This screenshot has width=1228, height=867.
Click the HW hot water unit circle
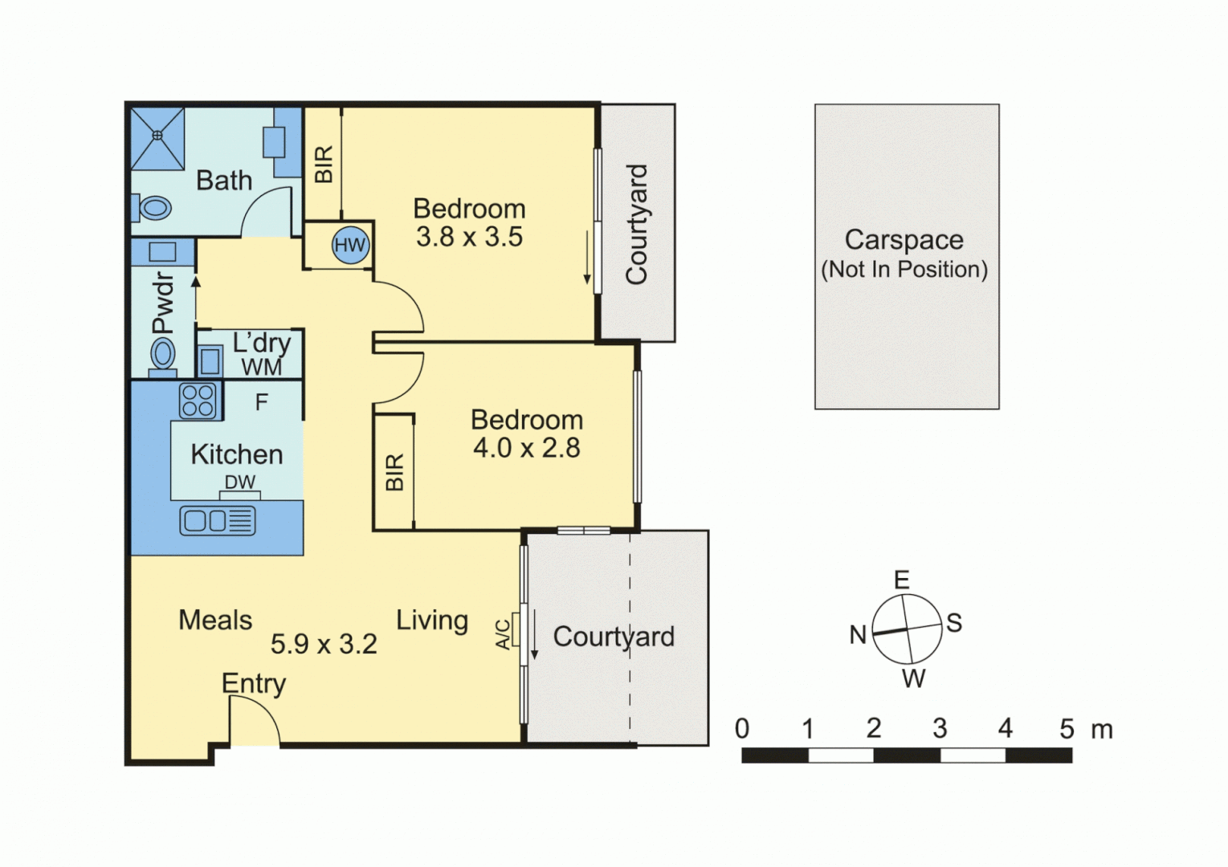click(x=350, y=245)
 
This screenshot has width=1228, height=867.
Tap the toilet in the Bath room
click(x=153, y=208)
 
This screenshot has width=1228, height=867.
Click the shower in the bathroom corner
click(x=158, y=138)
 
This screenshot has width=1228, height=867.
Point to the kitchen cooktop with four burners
click(x=198, y=400)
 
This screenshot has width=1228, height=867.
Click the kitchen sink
click(x=217, y=520)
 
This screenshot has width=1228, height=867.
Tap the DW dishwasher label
click(x=239, y=482)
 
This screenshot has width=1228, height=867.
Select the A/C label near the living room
click(x=503, y=633)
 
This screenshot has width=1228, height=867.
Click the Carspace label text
click(x=904, y=240)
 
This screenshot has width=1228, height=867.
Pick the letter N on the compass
click(x=857, y=635)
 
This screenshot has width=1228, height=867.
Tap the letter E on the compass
click(x=901, y=580)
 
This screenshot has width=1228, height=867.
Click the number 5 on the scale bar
click(x=1066, y=729)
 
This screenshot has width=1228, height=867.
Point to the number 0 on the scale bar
click(x=741, y=729)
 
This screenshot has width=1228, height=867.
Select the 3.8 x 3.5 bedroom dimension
click(x=469, y=237)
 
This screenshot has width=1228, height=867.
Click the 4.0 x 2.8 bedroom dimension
click(x=526, y=448)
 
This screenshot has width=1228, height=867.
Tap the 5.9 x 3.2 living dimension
click(x=323, y=644)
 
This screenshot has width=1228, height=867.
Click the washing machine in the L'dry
click(x=210, y=360)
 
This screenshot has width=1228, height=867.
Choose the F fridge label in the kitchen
click(x=261, y=402)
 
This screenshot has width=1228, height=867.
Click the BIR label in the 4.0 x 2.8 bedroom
click(x=394, y=472)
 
